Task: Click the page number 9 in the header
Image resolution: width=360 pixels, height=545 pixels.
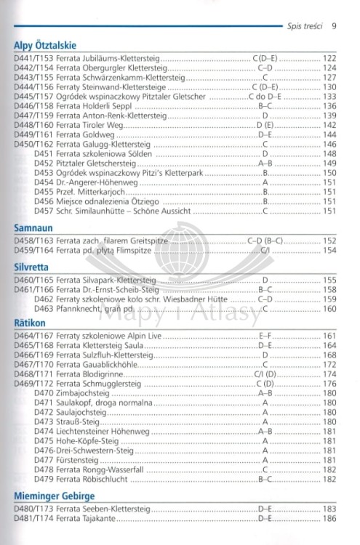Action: (x=333, y=27)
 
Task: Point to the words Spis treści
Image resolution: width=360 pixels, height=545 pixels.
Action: (x=303, y=27)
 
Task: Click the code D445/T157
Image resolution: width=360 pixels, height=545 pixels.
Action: (x=33, y=96)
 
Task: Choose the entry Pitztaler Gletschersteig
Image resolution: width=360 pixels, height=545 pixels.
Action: (x=92, y=163)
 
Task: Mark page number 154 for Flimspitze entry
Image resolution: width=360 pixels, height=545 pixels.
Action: (x=329, y=251)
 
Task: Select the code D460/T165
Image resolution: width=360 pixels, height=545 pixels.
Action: (x=33, y=279)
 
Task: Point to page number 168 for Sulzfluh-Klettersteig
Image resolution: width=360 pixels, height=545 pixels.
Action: (x=329, y=355)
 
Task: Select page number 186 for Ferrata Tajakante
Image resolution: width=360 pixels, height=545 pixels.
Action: (x=329, y=520)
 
